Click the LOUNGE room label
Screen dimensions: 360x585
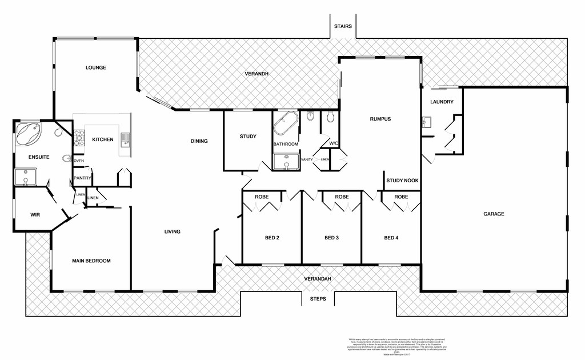96,67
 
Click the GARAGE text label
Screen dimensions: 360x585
494,214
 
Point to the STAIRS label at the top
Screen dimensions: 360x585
343,26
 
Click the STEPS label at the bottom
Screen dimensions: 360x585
318,299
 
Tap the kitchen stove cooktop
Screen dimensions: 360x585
79,138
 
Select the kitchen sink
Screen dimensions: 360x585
125,139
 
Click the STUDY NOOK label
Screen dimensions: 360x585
402,181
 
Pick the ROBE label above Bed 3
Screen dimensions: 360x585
342,197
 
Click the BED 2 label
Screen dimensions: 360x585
271,238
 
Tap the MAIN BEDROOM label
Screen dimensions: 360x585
91,261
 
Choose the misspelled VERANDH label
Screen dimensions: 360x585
257,74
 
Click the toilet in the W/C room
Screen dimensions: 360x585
330,118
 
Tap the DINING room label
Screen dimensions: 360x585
199,141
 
